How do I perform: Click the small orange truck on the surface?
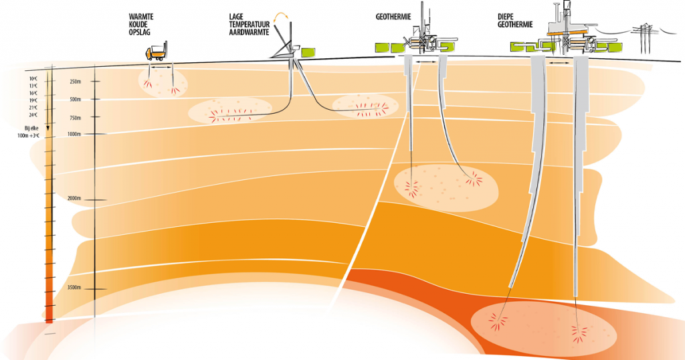[x=158, y=52]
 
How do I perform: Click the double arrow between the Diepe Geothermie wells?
[x=566, y=62]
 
